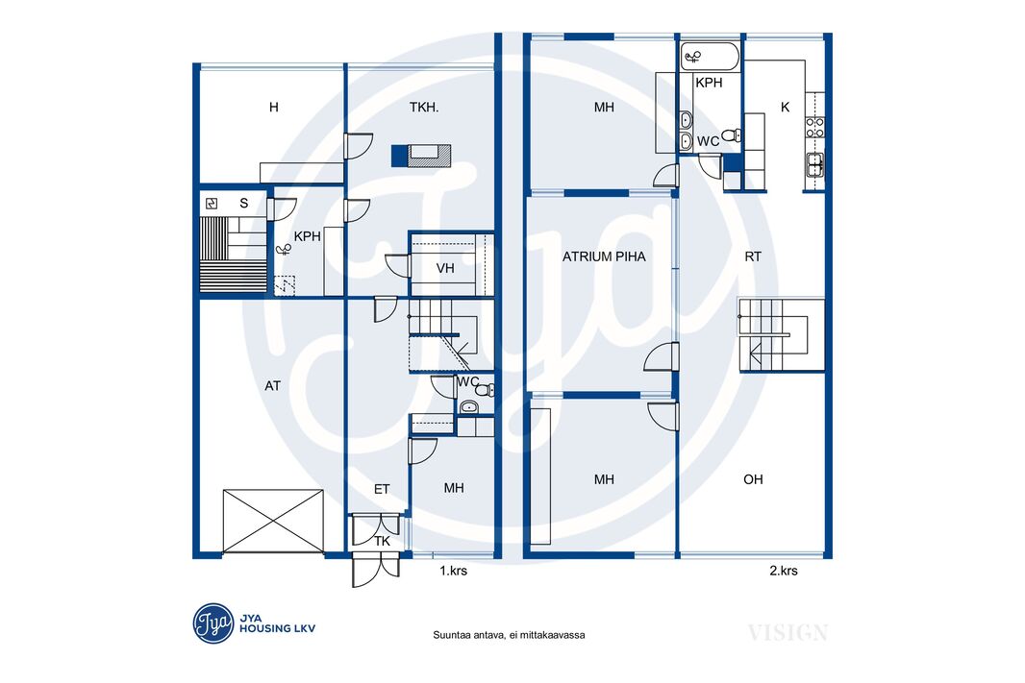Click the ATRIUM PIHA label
603,256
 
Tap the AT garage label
272,386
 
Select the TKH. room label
424,107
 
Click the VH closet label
445,268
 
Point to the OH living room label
753,479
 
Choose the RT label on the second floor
753,256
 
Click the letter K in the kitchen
785,107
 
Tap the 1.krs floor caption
453,571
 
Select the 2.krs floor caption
783,571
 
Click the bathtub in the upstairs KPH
710,57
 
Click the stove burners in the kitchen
814,127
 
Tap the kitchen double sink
814,164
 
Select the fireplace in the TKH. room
422,156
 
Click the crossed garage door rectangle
273,521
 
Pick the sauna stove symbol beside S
212,203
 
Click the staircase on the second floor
781,335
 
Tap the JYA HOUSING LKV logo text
277,623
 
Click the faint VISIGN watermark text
787,632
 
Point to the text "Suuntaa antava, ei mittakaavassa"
509,635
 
